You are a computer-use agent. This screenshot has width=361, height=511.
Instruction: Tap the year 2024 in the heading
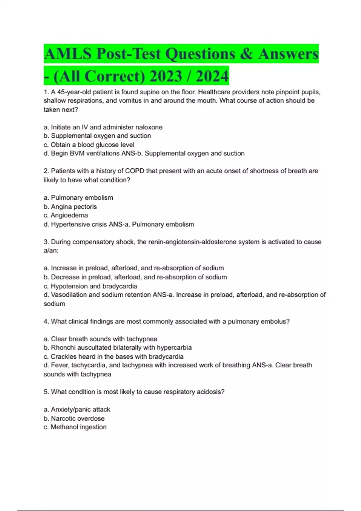(x=212, y=76)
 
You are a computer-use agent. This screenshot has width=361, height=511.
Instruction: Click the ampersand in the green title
(x=246, y=54)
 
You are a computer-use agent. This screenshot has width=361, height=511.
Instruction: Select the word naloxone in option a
(x=149, y=127)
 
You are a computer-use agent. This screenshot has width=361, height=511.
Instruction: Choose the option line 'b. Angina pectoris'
(x=70, y=207)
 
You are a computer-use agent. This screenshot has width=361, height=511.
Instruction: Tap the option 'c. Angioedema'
(x=66, y=215)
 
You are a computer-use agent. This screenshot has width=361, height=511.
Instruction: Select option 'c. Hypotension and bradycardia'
(x=90, y=286)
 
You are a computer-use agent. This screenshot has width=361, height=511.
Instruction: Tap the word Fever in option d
(x=58, y=365)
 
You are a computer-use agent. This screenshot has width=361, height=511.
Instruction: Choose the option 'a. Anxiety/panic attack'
(x=77, y=409)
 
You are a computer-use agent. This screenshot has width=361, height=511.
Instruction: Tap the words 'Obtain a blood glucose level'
(x=92, y=145)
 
